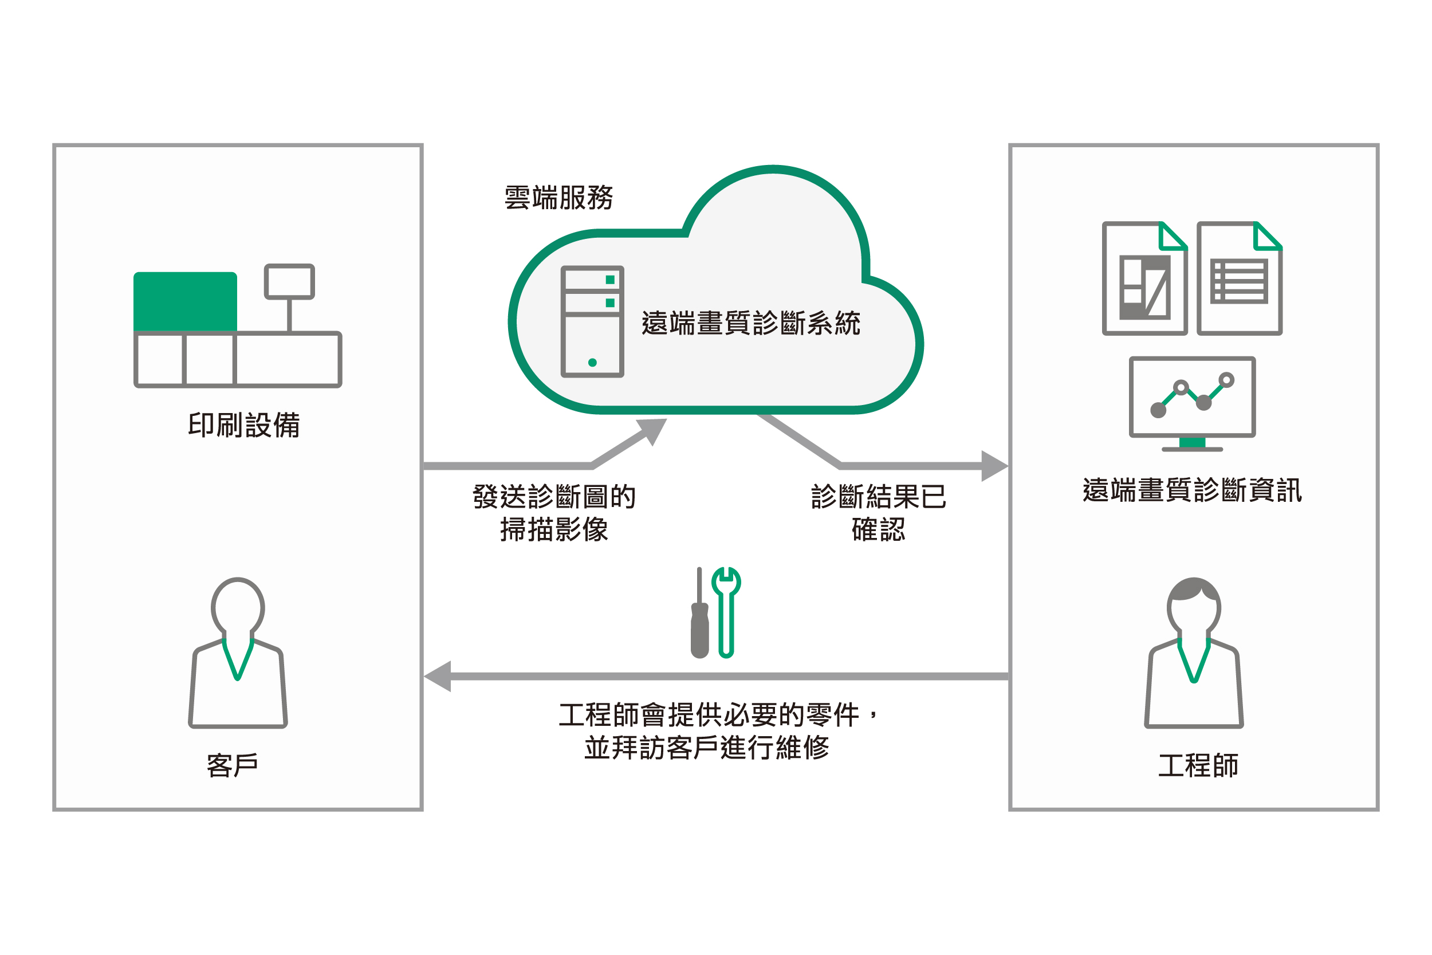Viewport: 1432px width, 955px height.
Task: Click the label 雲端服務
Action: (558, 197)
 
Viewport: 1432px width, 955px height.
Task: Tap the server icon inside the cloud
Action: (592, 321)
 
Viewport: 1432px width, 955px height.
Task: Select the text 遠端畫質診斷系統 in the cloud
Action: (750, 323)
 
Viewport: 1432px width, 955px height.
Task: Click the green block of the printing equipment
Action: (185, 301)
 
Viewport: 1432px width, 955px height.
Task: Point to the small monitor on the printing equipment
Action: (289, 281)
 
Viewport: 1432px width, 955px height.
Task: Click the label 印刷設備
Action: (243, 425)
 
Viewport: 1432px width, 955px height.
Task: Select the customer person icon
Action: (238, 653)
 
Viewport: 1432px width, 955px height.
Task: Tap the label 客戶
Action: (232, 765)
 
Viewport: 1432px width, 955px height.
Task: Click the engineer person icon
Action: (1193, 653)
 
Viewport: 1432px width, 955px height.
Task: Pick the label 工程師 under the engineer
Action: (1198, 765)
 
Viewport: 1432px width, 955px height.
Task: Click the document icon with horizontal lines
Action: (1239, 278)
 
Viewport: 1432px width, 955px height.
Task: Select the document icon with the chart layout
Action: (1144, 278)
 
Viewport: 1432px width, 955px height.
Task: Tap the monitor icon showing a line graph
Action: (1191, 402)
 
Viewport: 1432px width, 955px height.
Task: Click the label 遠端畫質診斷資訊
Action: (1191, 490)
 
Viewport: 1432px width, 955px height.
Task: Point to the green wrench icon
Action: (726, 611)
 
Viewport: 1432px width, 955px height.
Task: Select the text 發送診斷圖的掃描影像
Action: (554, 513)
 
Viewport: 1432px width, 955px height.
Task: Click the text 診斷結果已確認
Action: (878, 513)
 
